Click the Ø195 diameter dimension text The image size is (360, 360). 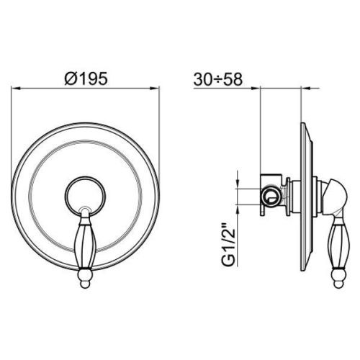[x=86, y=78]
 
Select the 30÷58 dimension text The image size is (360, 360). [x=218, y=79]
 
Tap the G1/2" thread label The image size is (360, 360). [x=229, y=244]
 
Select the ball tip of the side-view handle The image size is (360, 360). [x=339, y=284]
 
